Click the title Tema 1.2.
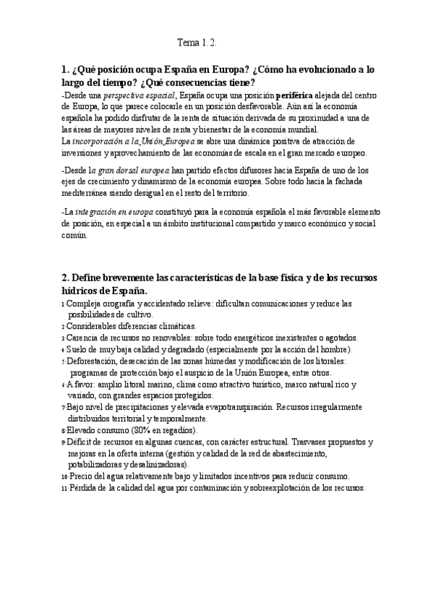[x=197, y=43]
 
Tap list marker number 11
[x=64, y=489]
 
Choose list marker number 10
[x=64, y=477]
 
